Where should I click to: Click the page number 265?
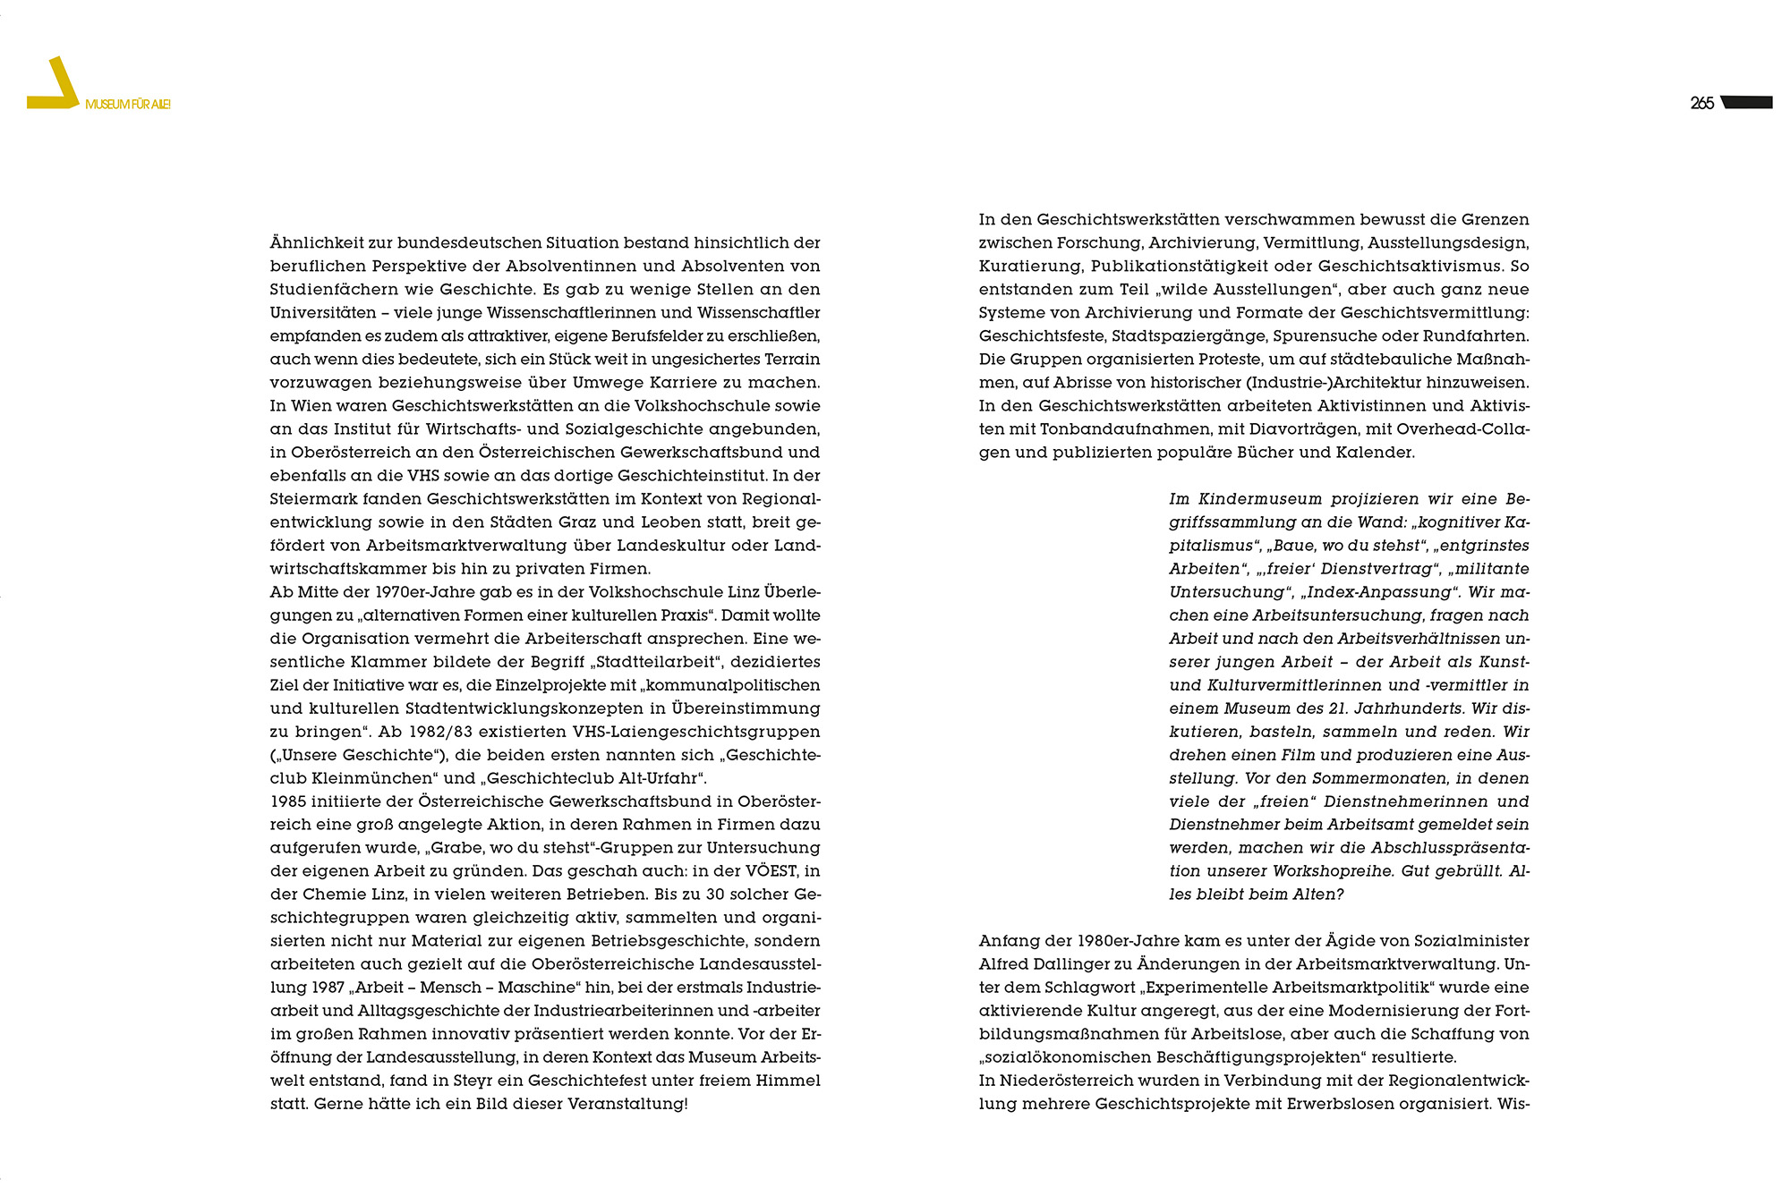pyautogui.click(x=1701, y=104)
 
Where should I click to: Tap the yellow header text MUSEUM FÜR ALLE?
pyautogui.click(x=127, y=105)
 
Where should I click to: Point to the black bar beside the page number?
pyautogui.click(x=1746, y=103)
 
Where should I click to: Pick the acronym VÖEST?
pyautogui.click(x=771, y=871)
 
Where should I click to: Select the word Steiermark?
pyautogui.click(x=312, y=499)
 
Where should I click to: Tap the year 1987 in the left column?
pyautogui.click(x=328, y=988)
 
